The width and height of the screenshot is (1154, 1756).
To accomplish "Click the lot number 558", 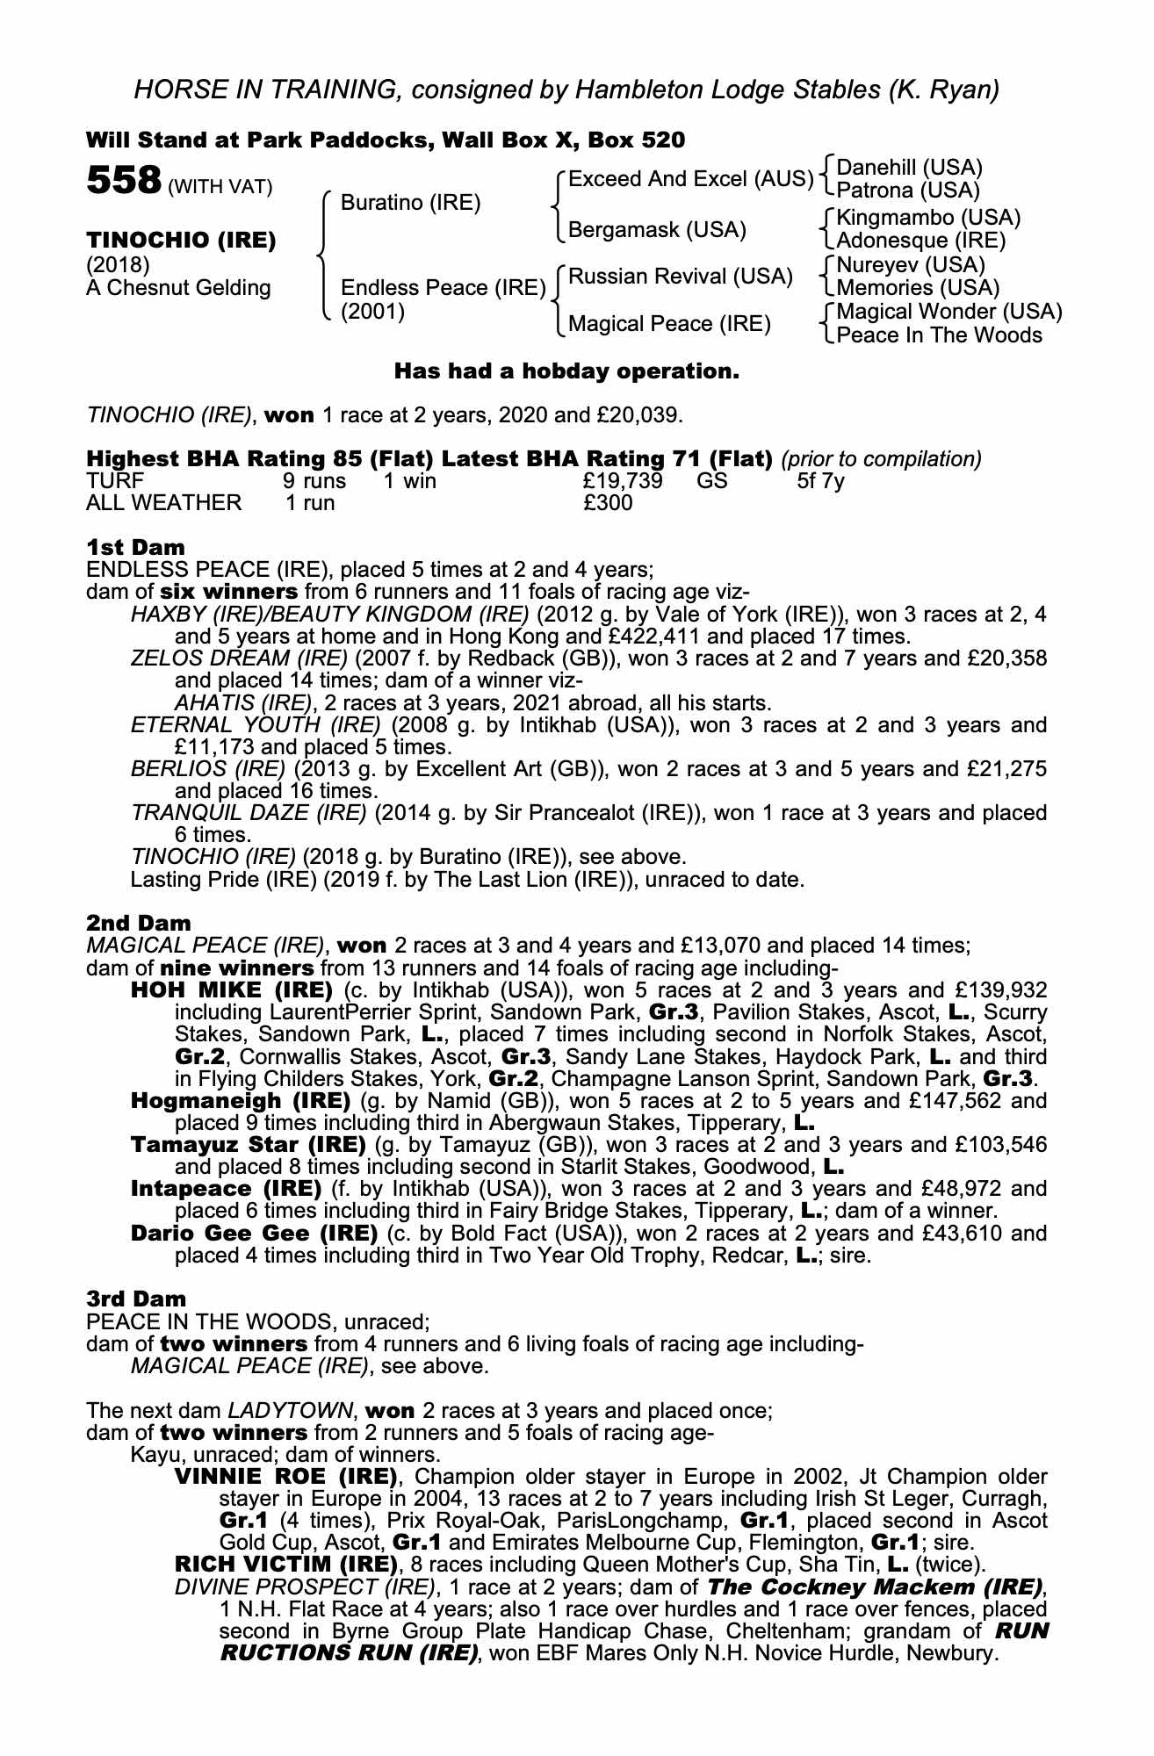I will (x=123, y=182).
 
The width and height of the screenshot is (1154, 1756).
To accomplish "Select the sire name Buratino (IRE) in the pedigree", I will (x=410, y=203).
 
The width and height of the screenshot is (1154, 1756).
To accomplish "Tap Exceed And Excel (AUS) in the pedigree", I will (x=690, y=179).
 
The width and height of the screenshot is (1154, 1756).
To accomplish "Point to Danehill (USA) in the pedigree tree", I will (x=909, y=168).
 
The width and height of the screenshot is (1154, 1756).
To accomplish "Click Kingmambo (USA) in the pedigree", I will (x=928, y=217).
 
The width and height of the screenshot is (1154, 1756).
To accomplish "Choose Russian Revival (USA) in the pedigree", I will (x=681, y=277).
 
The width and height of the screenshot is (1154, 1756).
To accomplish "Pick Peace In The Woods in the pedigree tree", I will (x=939, y=335).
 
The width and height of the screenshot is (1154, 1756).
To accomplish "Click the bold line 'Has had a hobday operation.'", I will (x=566, y=371).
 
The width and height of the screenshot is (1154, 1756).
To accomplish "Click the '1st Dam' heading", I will (x=135, y=547).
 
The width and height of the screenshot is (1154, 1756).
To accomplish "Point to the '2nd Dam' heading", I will (x=138, y=923).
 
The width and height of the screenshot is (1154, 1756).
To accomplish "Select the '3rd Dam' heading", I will (x=136, y=1299).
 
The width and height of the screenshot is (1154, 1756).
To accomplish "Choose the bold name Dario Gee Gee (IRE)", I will (x=254, y=1233).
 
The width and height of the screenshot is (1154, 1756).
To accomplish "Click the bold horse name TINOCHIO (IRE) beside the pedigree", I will (x=181, y=240).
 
